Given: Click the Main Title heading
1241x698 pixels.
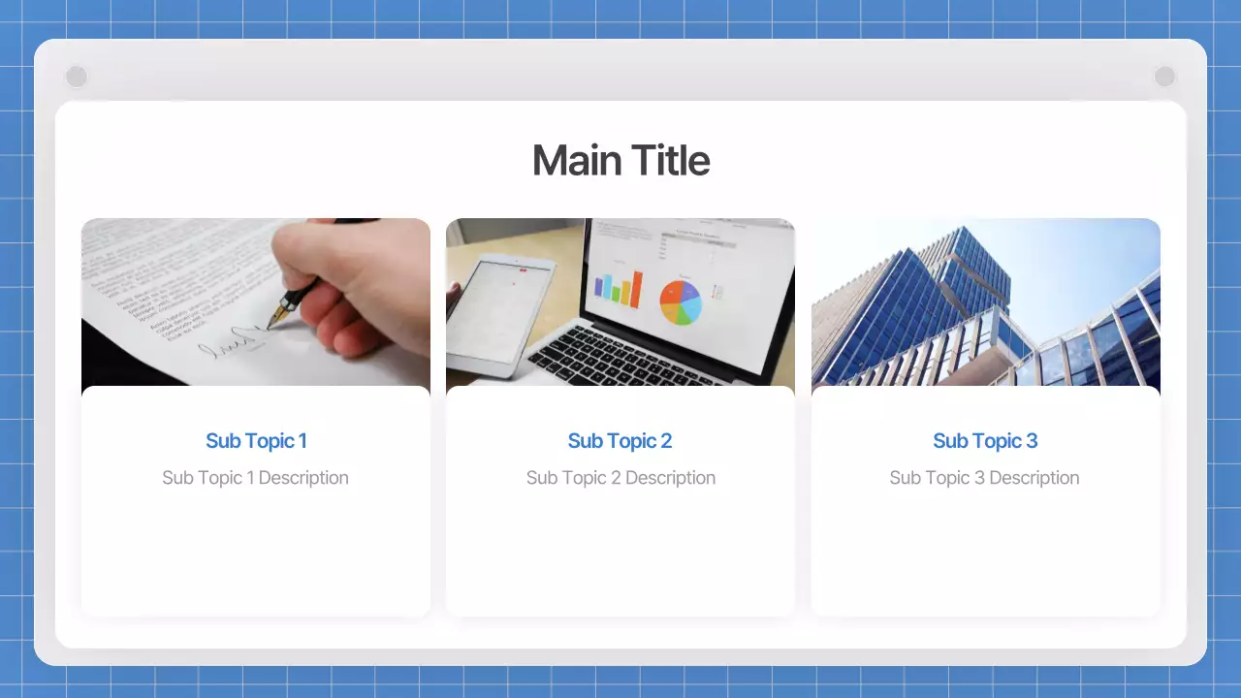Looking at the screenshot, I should (x=620, y=161).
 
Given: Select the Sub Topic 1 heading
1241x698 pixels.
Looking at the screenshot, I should (x=256, y=441).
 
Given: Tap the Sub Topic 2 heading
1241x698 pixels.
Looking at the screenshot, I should (x=620, y=441).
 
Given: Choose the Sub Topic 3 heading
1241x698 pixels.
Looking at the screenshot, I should (x=985, y=441).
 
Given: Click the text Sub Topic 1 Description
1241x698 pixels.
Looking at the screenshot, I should (x=255, y=478).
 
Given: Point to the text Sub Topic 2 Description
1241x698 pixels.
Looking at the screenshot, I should (x=620, y=478).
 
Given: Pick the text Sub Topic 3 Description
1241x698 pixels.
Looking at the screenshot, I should (x=984, y=478).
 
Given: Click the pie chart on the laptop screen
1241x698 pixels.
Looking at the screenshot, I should (x=681, y=301).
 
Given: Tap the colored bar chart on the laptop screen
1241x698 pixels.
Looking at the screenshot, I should (x=618, y=288).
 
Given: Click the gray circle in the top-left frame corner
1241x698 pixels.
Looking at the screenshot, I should (x=76, y=77).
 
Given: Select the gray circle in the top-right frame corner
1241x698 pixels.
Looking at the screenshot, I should (x=1164, y=77).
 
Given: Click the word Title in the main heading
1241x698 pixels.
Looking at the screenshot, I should (x=670, y=161).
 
